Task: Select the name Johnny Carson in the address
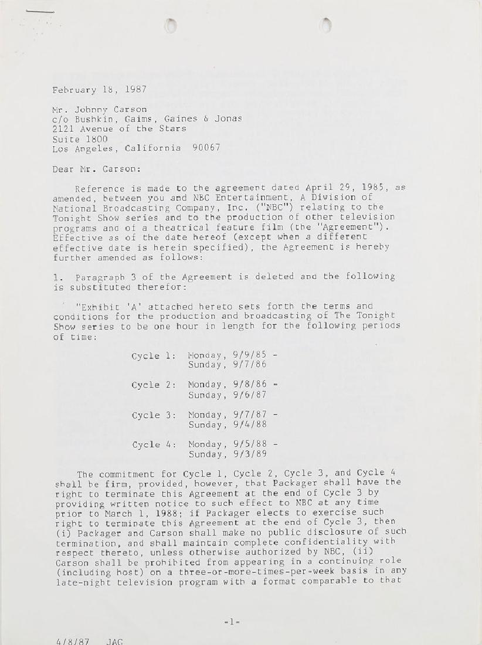(105, 110)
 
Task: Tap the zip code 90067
(206, 147)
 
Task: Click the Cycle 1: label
(154, 355)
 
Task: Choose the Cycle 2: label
(154, 385)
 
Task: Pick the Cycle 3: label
(154, 415)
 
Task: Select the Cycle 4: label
(154, 444)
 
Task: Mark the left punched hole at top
(170, 26)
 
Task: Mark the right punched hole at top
(326, 25)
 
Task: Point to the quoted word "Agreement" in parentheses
(352, 227)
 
